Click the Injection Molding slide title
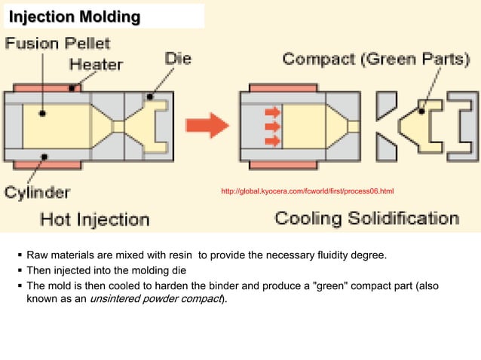click(75, 16)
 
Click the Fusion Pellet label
click(58, 43)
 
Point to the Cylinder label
click(38, 192)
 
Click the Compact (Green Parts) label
click(375, 59)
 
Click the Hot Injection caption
click(94, 219)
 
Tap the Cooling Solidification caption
click(366, 218)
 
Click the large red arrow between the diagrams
click(207, 124)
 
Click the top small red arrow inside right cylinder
click(273, 112)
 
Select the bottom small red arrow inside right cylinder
click(273, 140)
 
